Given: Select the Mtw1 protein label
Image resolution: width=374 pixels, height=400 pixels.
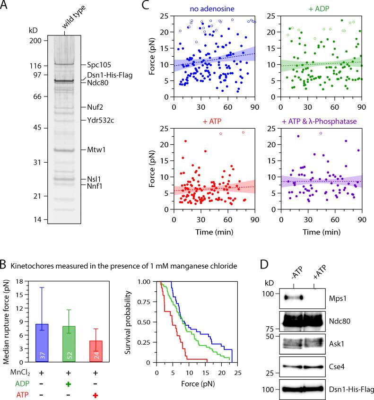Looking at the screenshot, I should coord(96,150).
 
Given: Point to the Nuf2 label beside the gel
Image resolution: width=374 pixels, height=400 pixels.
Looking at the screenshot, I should coord(95,107).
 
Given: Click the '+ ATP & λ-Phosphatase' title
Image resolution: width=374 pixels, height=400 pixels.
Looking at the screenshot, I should coord(313,123).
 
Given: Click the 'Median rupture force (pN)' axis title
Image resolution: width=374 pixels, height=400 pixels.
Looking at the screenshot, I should coord(6,322).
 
